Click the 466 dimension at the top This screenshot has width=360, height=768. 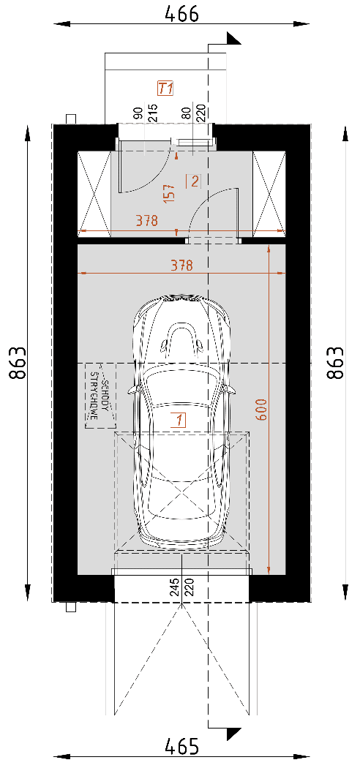point(181,13)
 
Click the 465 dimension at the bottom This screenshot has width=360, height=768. point(181,747)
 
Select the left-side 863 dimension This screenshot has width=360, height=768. point(18,363)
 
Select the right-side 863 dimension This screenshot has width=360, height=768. point(336,363)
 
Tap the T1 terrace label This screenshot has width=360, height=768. point(165,89)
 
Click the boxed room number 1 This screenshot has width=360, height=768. point(180,421)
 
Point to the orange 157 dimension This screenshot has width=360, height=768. point(169,194)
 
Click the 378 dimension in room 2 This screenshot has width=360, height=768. point(147,221)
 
